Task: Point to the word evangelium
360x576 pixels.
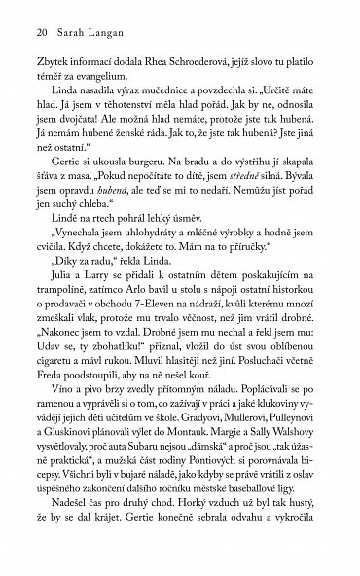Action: [115, 83]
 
